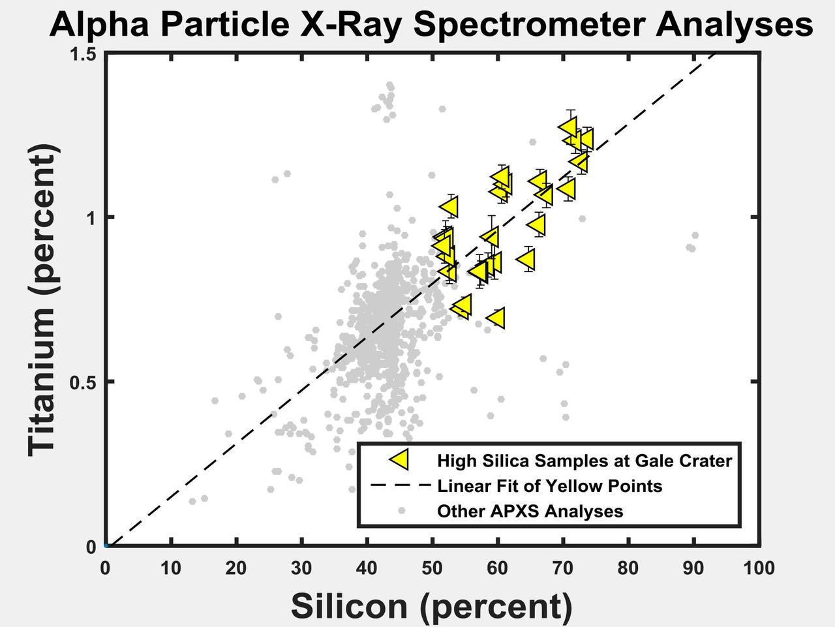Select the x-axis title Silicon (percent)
tap(431, 605)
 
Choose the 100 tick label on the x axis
tap(759, 568)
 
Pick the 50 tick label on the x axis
tap(432, 568)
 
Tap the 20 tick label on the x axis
tap(236, 568)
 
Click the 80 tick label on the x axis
tap(628, 568)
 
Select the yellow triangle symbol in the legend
tap(399, 459)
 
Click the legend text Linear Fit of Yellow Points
tap(549, 486)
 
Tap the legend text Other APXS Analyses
tap(530, 511)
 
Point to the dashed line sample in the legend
tap(400, 485)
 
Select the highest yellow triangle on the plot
tap(569, 127)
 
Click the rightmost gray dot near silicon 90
tap(695, 235)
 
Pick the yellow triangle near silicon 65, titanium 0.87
tap(527, 260)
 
